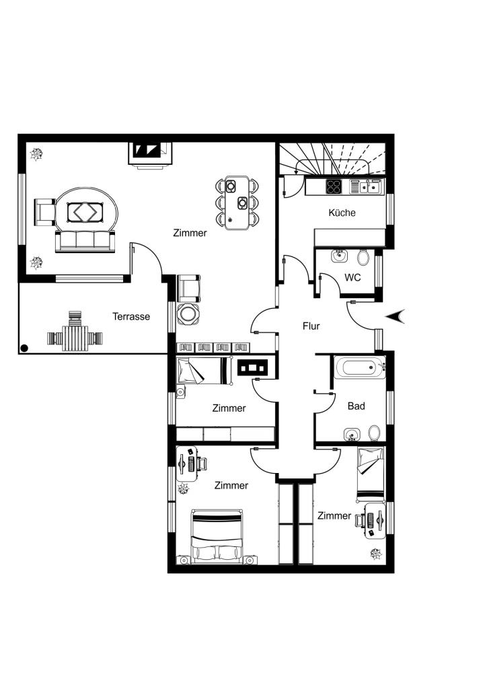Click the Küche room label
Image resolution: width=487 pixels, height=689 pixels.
[342, 213]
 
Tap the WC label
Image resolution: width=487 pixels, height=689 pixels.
[352, 278]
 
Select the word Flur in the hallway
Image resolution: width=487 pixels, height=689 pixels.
[311, 326]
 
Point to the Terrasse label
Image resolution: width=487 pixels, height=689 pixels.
[131, 316]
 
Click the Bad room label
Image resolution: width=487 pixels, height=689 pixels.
[356, 406]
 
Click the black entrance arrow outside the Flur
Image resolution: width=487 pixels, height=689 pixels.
[396, 316]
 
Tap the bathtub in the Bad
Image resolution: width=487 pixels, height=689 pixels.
[359, 367]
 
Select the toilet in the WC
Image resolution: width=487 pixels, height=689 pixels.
[363, 257]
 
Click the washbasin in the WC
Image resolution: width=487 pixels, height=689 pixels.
[338, 256]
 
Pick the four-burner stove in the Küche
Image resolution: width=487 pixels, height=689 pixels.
[334, 187]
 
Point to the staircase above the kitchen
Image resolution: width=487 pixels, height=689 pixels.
[332, 159]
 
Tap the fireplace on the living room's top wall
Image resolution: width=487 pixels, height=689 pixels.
[150, 153]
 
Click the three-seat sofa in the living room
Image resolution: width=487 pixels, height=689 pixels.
[85, 242]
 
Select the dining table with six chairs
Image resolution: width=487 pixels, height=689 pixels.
[236, 203]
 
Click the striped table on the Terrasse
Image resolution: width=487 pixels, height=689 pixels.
[75, 338]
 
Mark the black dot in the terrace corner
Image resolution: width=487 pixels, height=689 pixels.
[24, 349]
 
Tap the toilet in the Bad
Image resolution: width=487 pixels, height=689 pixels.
[374, 433]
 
